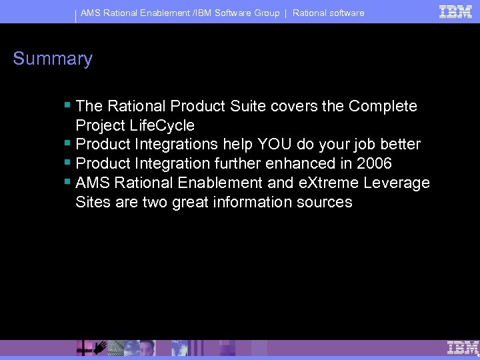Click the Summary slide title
(x=53, y=59)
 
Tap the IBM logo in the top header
(x=456, y=11)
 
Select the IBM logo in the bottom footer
(x=463, y=347)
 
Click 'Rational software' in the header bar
(x=329, y=13)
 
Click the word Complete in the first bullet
(x=383, y=106)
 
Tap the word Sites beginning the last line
(x=93, y=202)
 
